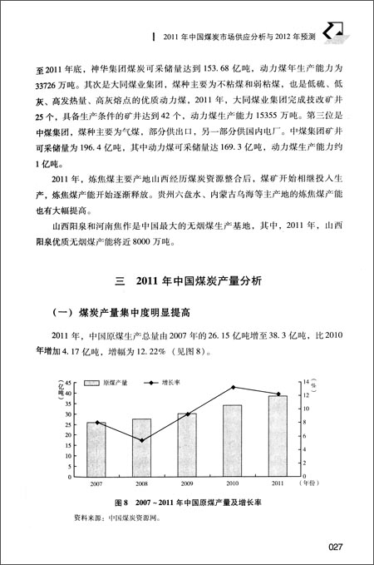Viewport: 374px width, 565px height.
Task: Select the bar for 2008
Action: pos(142,446)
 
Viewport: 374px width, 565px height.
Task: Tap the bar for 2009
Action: pos(187,444)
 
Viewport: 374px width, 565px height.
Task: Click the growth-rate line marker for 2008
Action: pos(142,440)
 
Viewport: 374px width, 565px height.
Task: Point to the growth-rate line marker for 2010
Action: pos(233,387)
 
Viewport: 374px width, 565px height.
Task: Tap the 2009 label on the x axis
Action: pos(187,483)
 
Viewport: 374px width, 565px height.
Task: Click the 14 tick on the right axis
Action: pos(303,381)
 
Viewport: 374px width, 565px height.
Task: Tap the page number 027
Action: pos(336,546)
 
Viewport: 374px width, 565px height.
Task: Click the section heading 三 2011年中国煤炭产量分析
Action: pos(187,281)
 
